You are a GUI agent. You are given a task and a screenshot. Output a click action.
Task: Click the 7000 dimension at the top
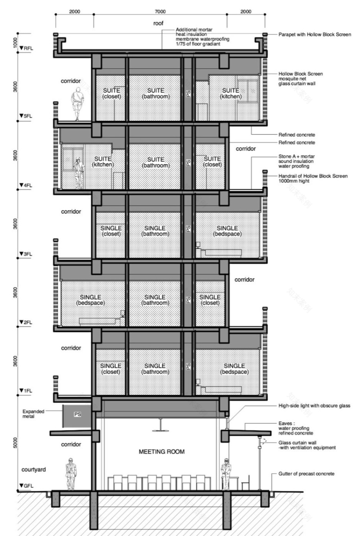pos(160,11)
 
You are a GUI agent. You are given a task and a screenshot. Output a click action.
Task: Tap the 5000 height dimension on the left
pos(15,443)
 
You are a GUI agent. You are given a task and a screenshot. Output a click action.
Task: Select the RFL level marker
pos(26,48)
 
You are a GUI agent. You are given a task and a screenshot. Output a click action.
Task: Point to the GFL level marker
pos(26,486)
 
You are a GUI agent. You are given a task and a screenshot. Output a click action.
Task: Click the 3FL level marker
pos(26,254)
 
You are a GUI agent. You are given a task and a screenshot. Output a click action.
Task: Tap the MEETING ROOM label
pos(162,452)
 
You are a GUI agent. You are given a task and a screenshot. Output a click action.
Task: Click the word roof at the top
pos(158,23)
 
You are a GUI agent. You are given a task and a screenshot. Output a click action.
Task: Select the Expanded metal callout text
pos(33,414)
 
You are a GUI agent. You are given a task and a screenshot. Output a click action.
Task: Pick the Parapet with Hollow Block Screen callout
pos(315,34)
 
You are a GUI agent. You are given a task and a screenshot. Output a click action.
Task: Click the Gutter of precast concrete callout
pos(306,474)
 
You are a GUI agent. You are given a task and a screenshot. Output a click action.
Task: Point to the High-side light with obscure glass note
pos(314,406)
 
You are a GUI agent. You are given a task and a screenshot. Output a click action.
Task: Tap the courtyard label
pos(34,470)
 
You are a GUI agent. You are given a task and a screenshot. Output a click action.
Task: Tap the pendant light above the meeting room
pos(160,425)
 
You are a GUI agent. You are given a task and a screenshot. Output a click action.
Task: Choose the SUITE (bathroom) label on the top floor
pos(155,93)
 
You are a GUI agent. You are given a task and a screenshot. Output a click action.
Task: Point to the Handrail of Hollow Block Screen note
pos(313,178)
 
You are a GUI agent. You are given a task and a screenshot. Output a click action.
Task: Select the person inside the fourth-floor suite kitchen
pos(79,174)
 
